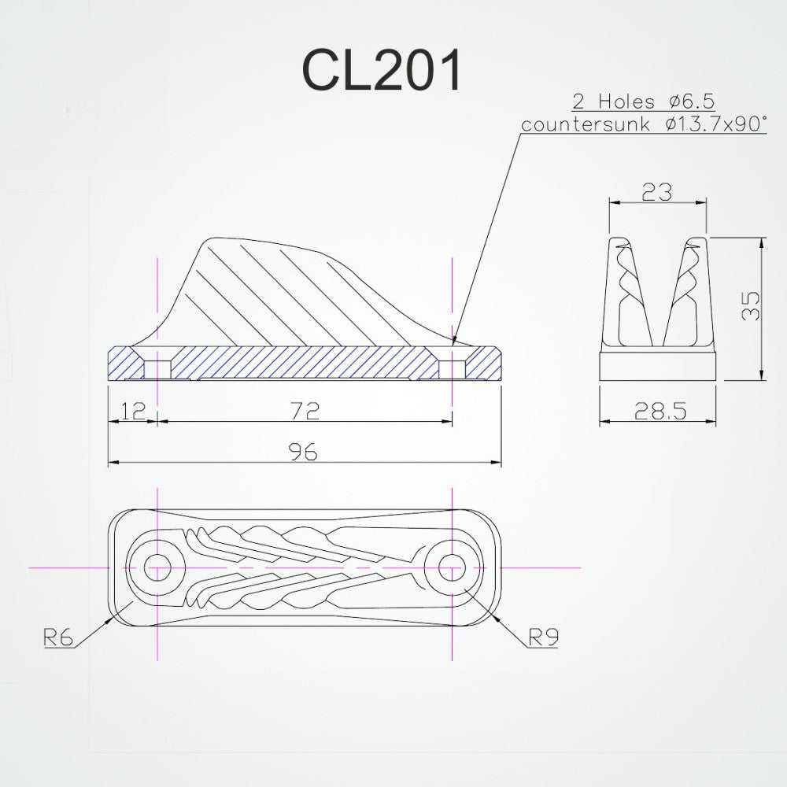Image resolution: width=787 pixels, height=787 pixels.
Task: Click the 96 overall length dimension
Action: (303, 451)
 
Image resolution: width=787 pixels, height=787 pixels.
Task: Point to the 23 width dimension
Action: (656, 191)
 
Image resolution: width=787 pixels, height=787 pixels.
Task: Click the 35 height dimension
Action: (752, 307)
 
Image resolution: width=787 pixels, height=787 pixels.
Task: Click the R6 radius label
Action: (59, 637)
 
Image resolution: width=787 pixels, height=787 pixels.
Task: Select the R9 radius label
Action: (542, 637)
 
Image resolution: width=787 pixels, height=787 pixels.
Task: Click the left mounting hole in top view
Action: (157, 567)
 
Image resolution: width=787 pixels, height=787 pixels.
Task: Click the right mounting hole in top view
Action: (452, 567)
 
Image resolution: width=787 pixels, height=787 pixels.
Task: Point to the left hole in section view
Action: (157, 368)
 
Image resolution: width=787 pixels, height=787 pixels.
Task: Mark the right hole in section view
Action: (452, 368)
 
